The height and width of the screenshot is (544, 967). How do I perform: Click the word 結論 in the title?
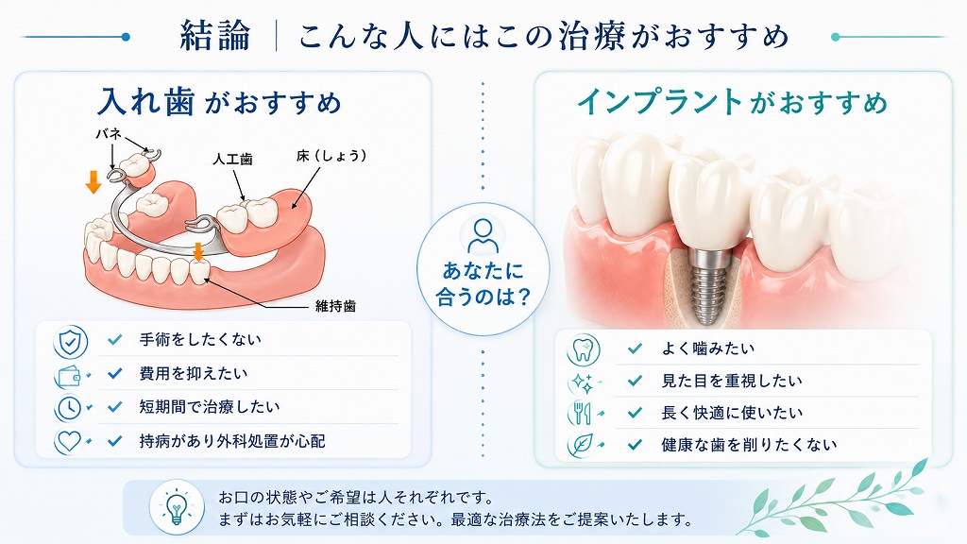click(x=215, y=36)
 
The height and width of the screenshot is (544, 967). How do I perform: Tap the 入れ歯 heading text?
click(x=146, y=102)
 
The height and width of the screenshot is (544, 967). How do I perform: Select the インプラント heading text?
click(x=660, y=102)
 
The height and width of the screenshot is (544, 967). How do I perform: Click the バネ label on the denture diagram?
click(x=108, y=133)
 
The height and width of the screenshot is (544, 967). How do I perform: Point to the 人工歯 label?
click(x=232, y=159)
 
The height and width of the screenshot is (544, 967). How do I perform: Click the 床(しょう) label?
click(x=331, y=156)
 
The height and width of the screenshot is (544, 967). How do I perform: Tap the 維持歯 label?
click(x=335, y=306)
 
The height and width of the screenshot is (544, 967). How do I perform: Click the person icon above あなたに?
click(x=483, y=236)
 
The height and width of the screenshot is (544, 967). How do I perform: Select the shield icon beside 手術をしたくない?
click(x=70, y=341)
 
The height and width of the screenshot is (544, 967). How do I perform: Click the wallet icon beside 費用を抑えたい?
click(x=69, y=376)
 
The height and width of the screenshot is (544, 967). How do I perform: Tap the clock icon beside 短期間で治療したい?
click(x=69, y=408)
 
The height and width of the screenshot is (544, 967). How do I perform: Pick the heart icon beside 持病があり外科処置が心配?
click(x=69, y=441)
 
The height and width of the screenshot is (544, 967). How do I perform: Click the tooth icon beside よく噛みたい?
click(x=582, y=349)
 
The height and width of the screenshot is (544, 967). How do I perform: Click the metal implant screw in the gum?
click(x=702, y=284)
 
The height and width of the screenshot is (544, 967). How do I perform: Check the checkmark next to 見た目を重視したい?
click(x=635, y=382)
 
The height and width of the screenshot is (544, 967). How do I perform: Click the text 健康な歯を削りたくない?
click(x=749, y=445)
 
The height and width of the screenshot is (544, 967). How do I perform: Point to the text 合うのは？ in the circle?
click(x=483, y=297)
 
